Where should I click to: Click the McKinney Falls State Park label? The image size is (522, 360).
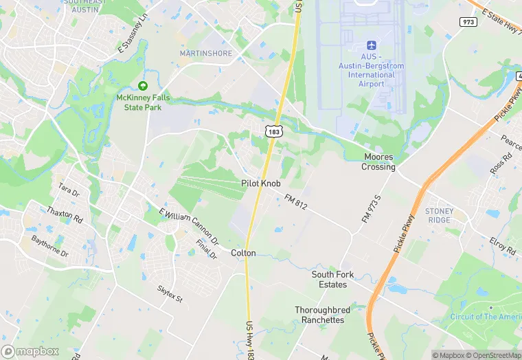point(143,102)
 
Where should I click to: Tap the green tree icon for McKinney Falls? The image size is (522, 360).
point(143,86)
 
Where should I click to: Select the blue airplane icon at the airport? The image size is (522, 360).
point(371,44)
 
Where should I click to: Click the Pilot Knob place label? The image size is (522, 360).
point(261,183)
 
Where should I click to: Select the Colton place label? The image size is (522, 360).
point(243,253)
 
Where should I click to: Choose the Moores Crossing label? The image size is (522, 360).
point(379,162)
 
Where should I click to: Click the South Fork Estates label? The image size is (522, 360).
point(333,279)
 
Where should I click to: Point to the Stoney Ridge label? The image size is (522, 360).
point(440,215)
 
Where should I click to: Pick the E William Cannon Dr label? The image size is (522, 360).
point(188,227)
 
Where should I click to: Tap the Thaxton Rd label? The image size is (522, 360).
point(65,215)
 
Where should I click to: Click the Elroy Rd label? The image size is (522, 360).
point(503,247)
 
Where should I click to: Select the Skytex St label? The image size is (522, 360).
point(170,295)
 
